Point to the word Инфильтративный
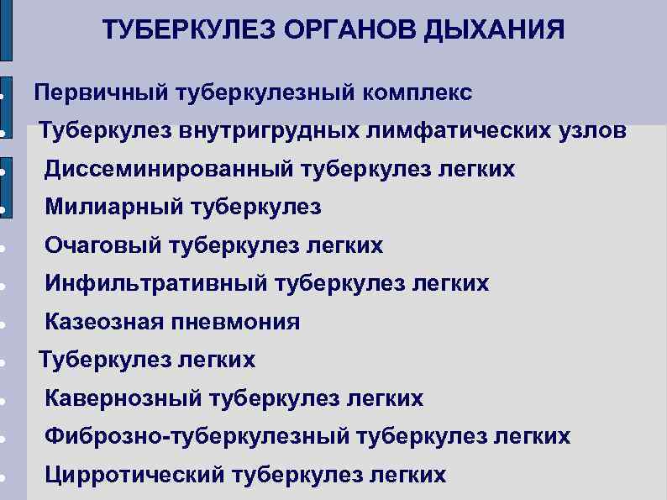(x=156, y=284)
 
